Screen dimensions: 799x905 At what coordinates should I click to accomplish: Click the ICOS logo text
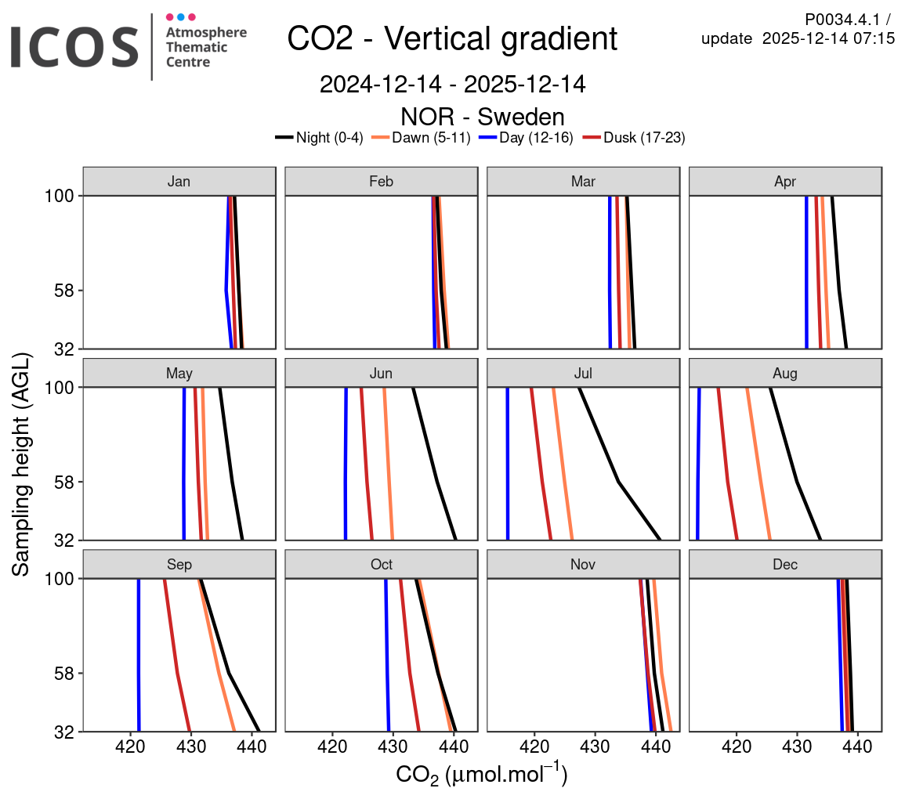(74, 45)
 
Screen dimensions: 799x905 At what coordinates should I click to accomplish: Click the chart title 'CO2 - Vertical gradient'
(452, 38)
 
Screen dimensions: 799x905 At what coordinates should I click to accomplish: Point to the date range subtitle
(452, 85)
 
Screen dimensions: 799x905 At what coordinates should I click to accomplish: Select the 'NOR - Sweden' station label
(482, 117)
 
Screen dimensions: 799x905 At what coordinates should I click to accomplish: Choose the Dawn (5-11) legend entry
(421, 138)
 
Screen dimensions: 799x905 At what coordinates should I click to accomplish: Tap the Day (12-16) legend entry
(527, 138)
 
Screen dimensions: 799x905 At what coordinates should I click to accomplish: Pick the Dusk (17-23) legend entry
(636, 138)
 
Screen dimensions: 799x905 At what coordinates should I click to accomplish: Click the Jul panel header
(584, 373)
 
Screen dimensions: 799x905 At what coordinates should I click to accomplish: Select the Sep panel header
(179, 564)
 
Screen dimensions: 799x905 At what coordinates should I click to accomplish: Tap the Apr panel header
(785, 182)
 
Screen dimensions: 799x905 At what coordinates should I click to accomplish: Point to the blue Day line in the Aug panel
(698, 470)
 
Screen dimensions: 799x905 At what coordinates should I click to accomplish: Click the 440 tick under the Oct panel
(454, 747)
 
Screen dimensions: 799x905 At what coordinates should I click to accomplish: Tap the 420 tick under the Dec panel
(737, 747)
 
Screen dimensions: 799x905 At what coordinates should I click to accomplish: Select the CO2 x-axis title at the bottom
(481, 775)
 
